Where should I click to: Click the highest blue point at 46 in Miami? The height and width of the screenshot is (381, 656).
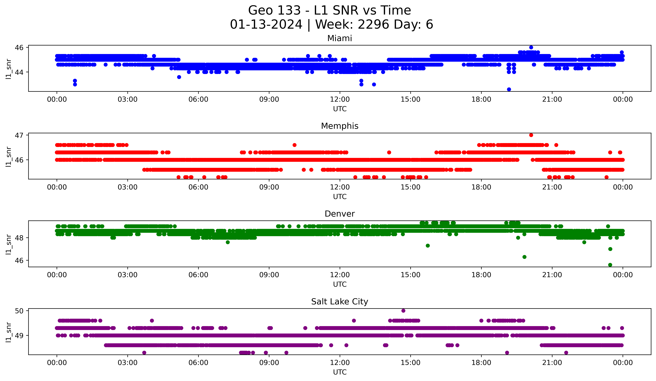[x=531, y=47]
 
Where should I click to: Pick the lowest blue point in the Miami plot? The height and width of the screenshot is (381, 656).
[x=509, y=89]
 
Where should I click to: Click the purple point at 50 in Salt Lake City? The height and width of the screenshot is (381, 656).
[x=403, y=311]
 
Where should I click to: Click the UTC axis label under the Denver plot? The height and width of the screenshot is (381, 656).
[x=340, y=284]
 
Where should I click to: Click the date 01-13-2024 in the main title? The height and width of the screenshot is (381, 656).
[x=266, y=24]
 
